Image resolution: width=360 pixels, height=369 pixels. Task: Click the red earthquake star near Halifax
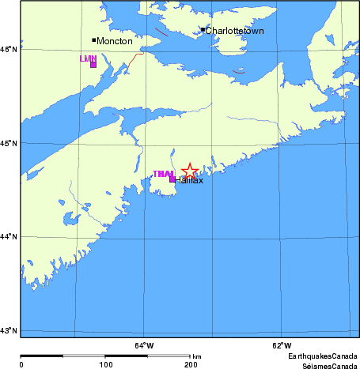coord(190,171)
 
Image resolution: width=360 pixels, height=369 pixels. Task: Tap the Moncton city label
coord(115,40)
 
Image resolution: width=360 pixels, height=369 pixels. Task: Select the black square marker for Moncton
coord(94,40)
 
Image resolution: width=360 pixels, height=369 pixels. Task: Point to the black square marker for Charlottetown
coord(203,30)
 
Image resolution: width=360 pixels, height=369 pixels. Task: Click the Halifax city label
coord(190,181)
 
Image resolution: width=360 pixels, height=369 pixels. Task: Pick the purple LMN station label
coord(88,58)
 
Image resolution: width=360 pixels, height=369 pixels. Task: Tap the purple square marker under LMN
coord(93,65)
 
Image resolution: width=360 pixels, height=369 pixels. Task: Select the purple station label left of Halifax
coord(163,174)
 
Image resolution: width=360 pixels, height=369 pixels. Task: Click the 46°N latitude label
coord(9,49)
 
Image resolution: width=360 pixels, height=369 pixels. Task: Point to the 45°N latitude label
coord(9,143)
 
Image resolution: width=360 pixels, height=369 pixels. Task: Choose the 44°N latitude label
coord(9,237)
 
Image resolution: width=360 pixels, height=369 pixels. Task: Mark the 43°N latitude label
coord(9,330)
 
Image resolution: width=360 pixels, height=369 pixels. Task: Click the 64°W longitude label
coord(143,345)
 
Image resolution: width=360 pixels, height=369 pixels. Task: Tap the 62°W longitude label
coord(281,345)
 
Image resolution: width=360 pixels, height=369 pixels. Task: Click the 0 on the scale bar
coord(21,365)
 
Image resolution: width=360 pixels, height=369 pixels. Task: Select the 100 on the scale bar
coord(106,365)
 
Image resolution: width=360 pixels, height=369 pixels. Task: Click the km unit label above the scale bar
coord(196,356)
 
